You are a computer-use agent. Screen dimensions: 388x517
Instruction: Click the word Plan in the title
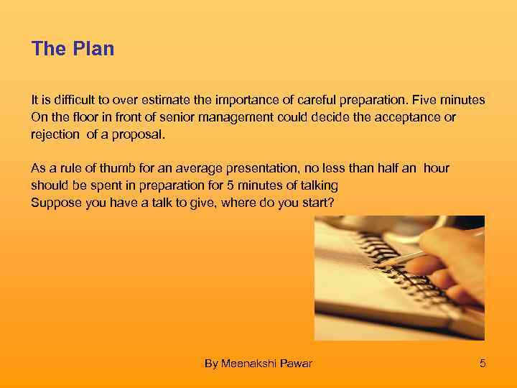click(x=94, y=49)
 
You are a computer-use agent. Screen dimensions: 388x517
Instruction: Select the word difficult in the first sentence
click(x=70, y=100)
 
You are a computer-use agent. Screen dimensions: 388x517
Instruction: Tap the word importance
click(x=235, y=100)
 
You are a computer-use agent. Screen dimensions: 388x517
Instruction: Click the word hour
click(x=437, y=168)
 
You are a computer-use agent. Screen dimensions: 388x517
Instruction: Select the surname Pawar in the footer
click(x=297, y=364)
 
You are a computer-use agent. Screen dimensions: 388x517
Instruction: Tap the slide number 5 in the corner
click(x=483, y=364)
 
